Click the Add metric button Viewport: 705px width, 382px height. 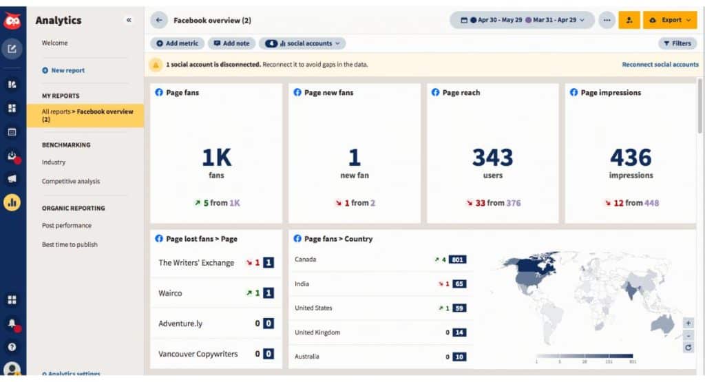click(x=177, y=43)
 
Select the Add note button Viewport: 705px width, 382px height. click(x=231, y=43)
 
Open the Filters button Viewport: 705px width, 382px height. click(x=677, y=43)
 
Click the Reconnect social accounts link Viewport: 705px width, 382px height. click(x=660, y=65)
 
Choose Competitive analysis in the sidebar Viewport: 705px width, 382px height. click(x=71, y=182)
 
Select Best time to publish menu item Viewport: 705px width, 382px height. click(x=70, y=245)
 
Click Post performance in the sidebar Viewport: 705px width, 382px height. click(x=67, y=226)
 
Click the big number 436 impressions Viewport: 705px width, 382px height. click(x=631, y=158)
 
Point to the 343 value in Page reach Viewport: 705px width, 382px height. click(x=492, y=158)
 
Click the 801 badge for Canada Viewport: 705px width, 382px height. click(x=458, y=259)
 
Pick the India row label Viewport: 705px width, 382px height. click(x=302, y=284)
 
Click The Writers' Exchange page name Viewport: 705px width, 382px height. click(x=196, y=263)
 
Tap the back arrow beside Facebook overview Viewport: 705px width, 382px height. click(x=159, y=21)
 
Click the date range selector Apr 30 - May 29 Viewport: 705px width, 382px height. click(x=522, y=21)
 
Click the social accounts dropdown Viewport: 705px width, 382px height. click(x=302, y=43)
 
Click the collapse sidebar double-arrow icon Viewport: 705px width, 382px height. click(x=129, y=21)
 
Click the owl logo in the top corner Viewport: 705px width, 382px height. click(x=12, y=21)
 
